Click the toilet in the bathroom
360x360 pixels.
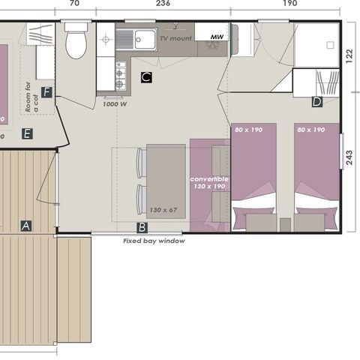[x=76, y=43]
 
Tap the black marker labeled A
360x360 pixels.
[x=26, y=225]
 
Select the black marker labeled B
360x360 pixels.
[x=142, y=226]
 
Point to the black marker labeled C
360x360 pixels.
[x=146, y=77]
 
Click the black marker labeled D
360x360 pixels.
[x=316, y=102]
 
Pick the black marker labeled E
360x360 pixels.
[x=27, y=133]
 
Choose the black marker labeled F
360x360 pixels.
[x=47, y=92]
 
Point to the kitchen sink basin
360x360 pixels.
[x=142, y=38]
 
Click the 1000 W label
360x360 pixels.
[x=113, y=105]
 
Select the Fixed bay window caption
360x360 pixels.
[x=154, y=241]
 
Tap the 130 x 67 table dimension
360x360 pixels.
[x=163, y=209]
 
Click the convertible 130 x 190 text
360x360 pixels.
[x=209, y=182]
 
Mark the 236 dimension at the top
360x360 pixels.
[x=163, y=4]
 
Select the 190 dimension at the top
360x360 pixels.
[x=289, y=4]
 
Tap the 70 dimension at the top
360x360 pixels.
[x=74, y=4]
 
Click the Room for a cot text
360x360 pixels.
[x=30, y=97]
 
